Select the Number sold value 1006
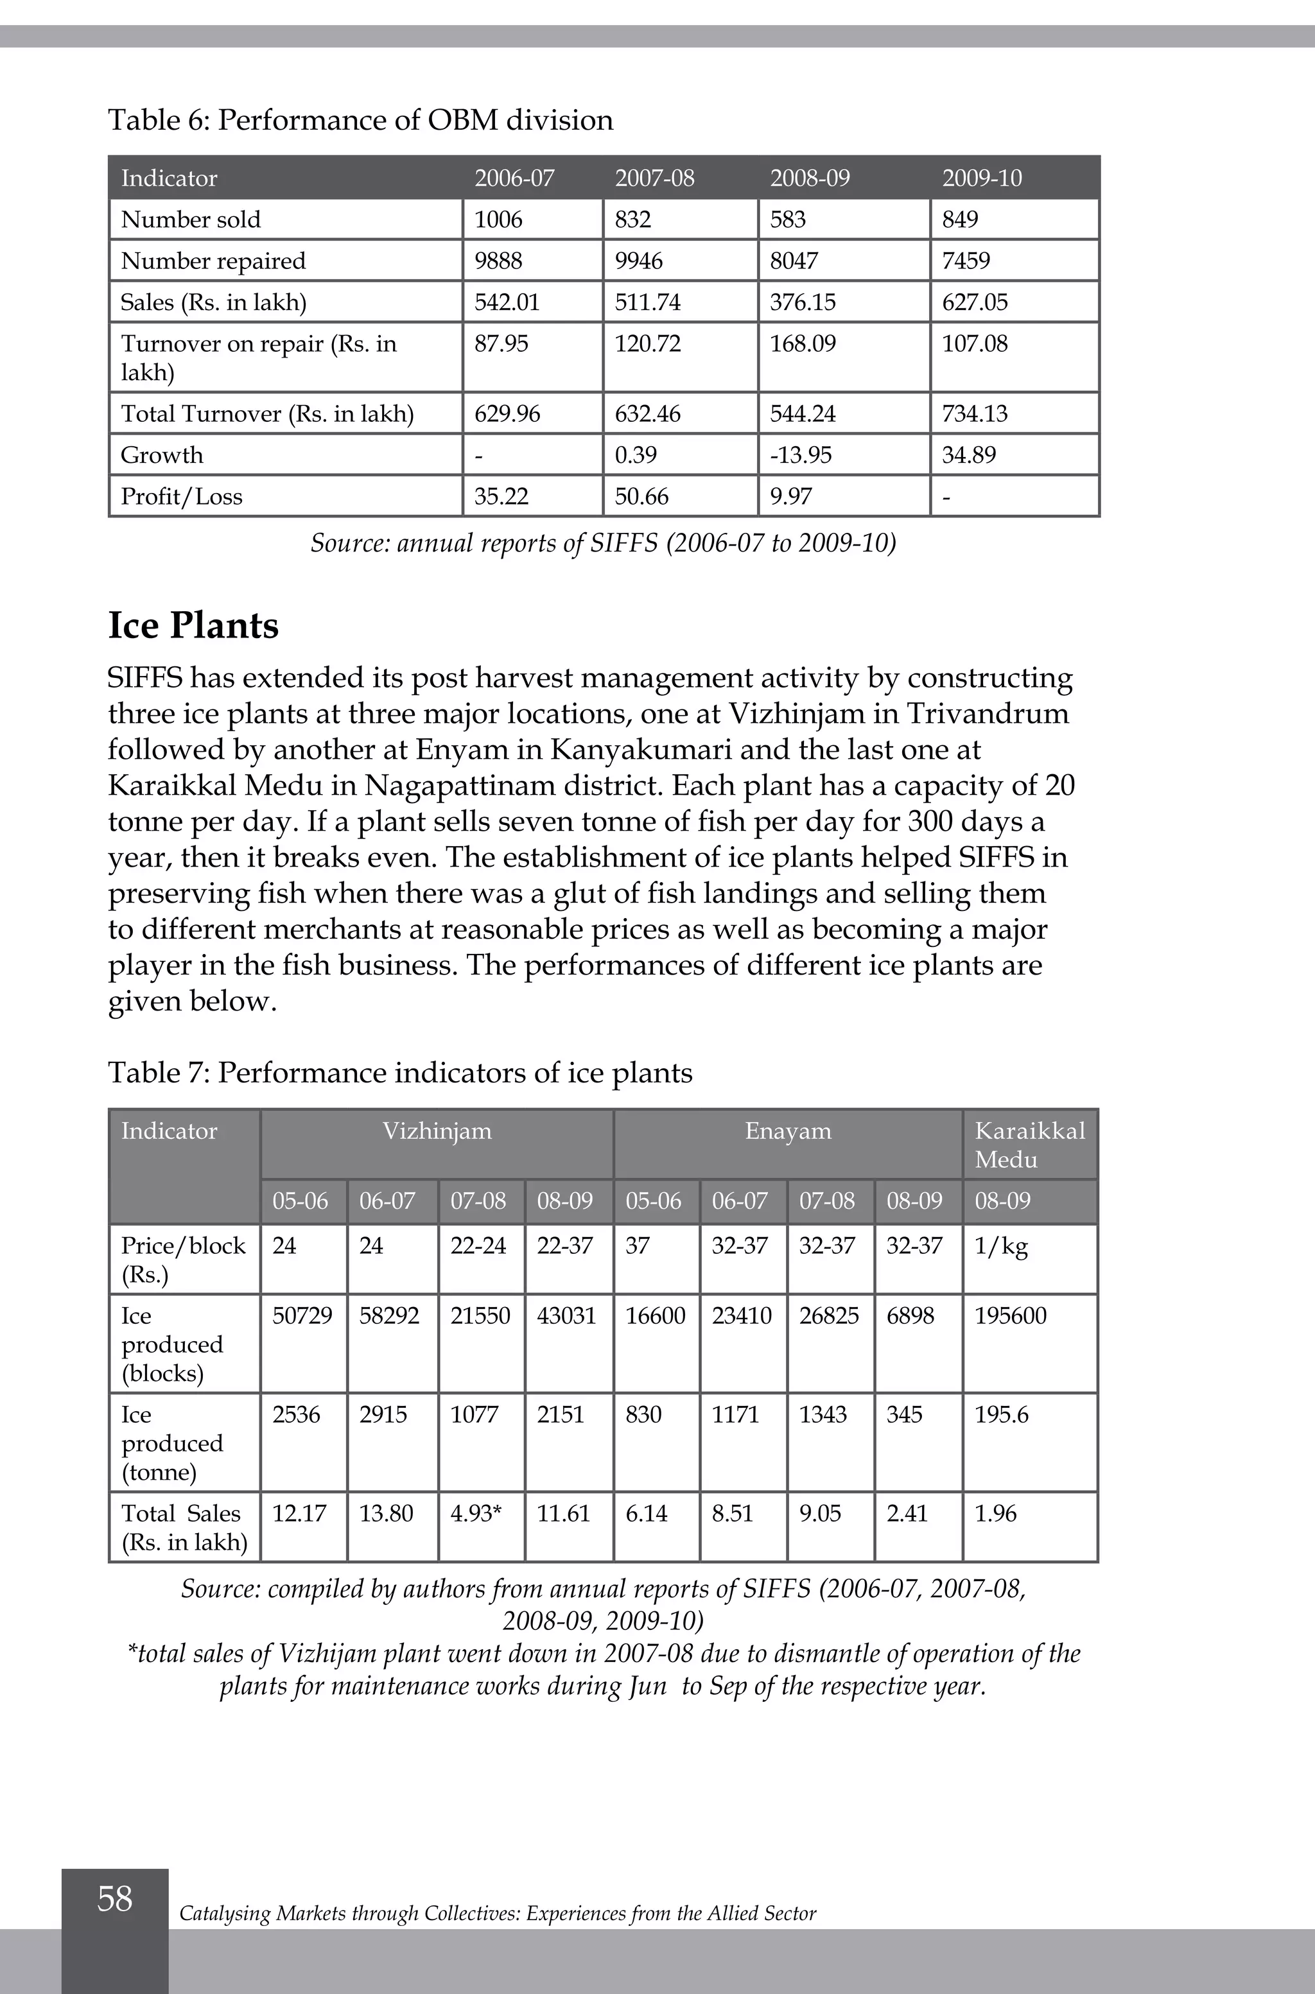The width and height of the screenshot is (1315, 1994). coord(498,220)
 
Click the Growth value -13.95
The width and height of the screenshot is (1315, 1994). coord(801,455)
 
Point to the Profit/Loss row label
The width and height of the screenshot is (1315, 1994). coord(181,496)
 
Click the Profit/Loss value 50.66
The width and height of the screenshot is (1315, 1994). coord(641,496)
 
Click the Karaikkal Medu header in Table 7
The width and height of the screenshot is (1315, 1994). coord(1029,1145)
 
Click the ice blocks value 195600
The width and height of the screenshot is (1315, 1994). coord(1010,1315)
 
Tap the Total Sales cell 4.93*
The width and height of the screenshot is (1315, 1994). coord(476,1514)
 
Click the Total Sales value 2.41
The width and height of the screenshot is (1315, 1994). coord(907,1514)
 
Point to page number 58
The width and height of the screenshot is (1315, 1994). coord(115,1898)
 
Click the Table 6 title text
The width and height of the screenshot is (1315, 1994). coord(361,120)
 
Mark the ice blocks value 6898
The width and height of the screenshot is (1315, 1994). coord(910,1315)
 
